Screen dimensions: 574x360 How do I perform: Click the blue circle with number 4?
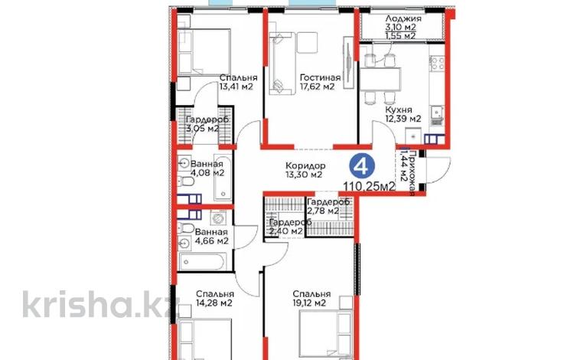362,166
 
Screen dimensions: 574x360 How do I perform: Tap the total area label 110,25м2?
370,186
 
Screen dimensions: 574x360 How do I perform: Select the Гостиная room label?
320,77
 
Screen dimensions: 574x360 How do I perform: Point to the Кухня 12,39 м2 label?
403,114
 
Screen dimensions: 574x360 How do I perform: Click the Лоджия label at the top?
403,18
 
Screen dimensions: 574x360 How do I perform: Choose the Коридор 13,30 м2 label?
305,170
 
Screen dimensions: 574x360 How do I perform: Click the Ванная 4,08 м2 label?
207,168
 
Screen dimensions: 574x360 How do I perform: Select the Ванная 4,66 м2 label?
211,237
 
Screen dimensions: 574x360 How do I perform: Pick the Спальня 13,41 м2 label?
238,82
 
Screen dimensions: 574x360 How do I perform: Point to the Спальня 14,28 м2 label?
215,299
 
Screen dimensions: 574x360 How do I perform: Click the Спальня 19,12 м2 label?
311,299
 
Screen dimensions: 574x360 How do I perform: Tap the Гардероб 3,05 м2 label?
207,124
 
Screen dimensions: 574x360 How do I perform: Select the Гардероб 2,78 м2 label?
328,206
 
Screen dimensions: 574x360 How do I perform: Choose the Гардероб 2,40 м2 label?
290,226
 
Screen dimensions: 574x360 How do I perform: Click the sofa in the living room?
282,64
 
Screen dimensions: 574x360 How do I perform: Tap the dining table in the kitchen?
380,79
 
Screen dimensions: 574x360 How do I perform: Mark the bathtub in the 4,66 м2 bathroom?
203,262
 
